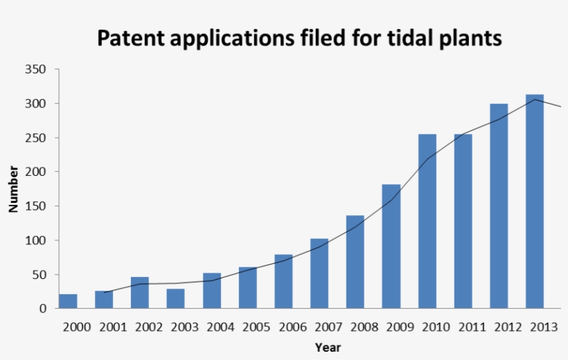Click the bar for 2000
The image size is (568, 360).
pyautogui.click(x=68, y=301)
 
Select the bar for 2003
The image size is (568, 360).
pyautogui.click(x=176, y=298)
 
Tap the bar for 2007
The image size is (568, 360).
pyautogui.click(x=319, y=273)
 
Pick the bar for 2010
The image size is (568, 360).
pyautogui.click(x=427, y=222)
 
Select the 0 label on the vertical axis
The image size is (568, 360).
pyautogui.click(x=42, y=309)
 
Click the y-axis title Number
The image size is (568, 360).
pyautogui.click(x=13, y=188)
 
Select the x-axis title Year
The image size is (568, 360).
pyautogui.click(x=328, y=348)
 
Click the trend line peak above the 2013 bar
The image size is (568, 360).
pyautogui.click(x=535, y=100)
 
